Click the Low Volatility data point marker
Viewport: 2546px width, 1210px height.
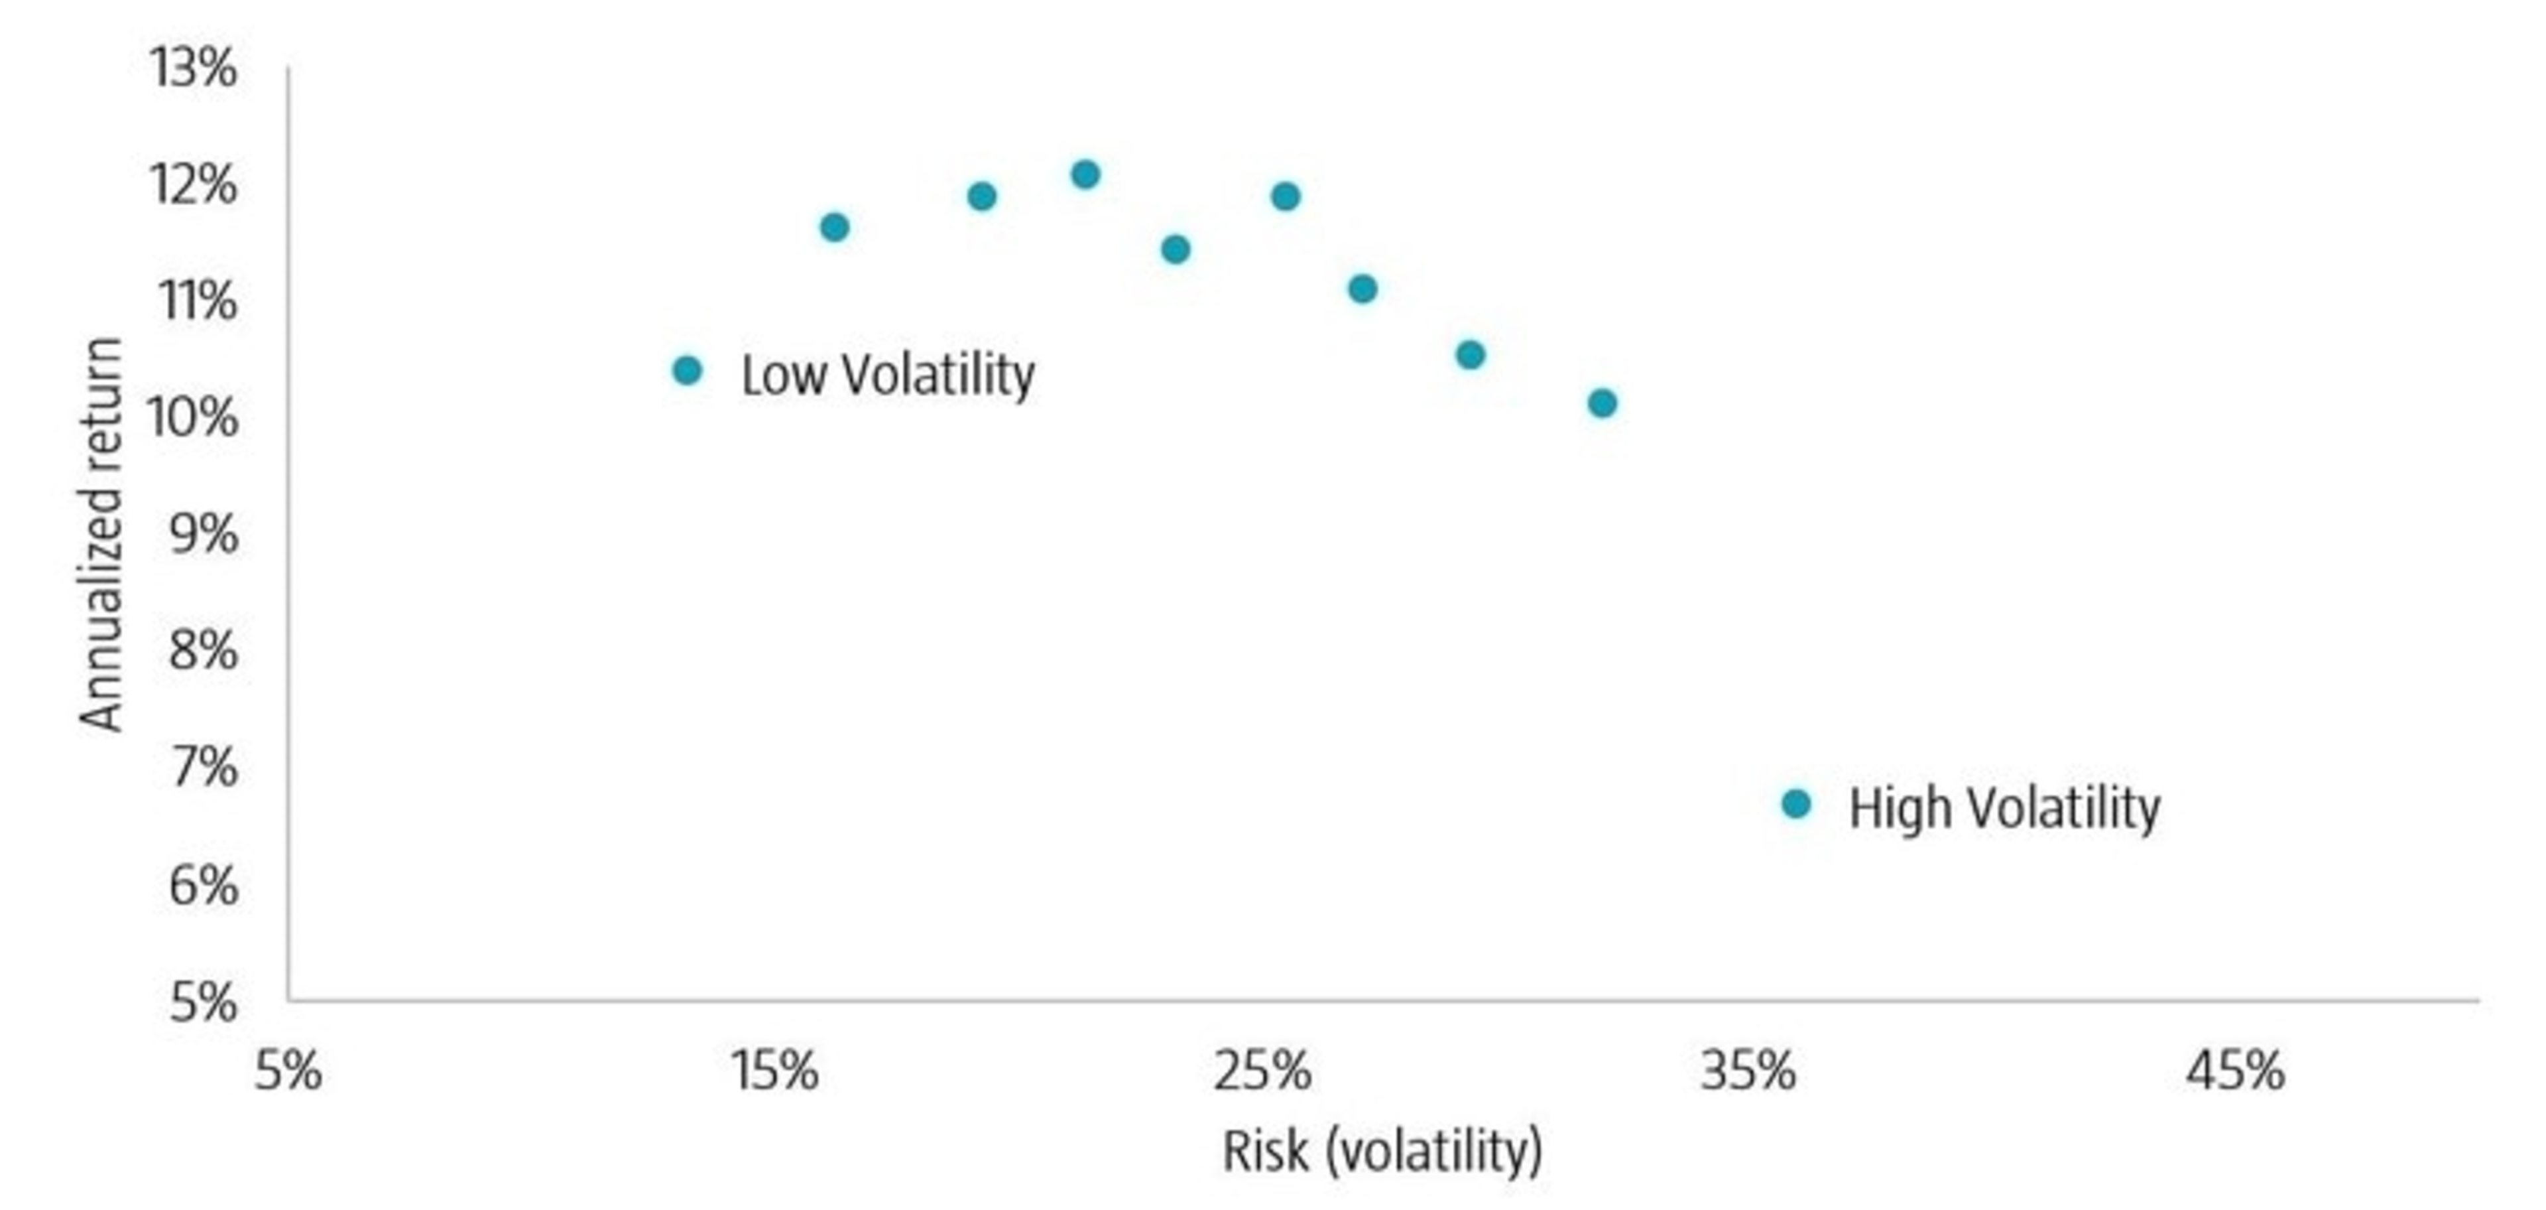pos(687,371)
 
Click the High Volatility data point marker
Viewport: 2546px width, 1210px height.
pos(1796,804)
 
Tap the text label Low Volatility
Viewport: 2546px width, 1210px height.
pos(888,375)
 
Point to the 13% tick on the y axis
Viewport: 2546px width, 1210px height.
pos(193,69)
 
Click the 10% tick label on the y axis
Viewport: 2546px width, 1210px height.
pos(193,417)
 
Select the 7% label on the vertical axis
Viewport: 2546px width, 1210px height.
pos(204,767)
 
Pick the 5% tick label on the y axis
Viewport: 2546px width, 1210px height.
pos(204,1002)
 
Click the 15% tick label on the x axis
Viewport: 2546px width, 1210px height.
pos(774,1071)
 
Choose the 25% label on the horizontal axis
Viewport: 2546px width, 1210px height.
pos(1262,1071)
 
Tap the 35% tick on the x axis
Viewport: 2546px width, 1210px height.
pos(1748,1071)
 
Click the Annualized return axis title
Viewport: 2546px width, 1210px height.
pos(101,535)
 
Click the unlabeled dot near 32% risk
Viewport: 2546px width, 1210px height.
pos(1602,403)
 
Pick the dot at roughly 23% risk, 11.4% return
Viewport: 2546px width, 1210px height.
pos(1175,249)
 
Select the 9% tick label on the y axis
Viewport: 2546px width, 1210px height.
pos(204,534)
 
